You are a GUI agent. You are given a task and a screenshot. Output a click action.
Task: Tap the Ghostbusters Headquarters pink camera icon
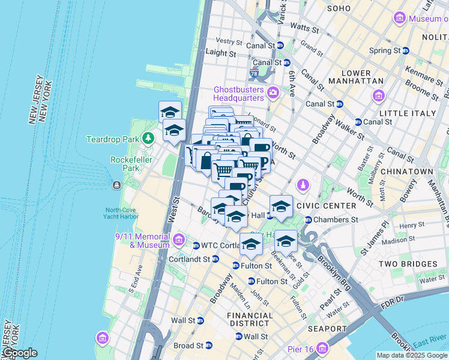tap(273, 92)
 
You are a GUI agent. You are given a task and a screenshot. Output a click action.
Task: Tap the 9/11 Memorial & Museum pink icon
tap(178, 241)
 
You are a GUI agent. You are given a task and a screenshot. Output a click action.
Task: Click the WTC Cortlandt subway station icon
tap(196, 245)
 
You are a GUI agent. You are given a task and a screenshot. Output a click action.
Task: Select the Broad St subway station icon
tap(209, 346)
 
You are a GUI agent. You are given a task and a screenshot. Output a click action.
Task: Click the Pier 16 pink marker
tap(324, 348)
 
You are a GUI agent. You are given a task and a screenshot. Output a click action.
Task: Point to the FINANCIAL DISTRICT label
tap(250, 320)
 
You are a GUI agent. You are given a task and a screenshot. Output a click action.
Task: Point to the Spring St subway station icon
tap(405, 50)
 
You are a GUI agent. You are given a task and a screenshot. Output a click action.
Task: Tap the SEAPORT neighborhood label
tap(327, 329)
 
